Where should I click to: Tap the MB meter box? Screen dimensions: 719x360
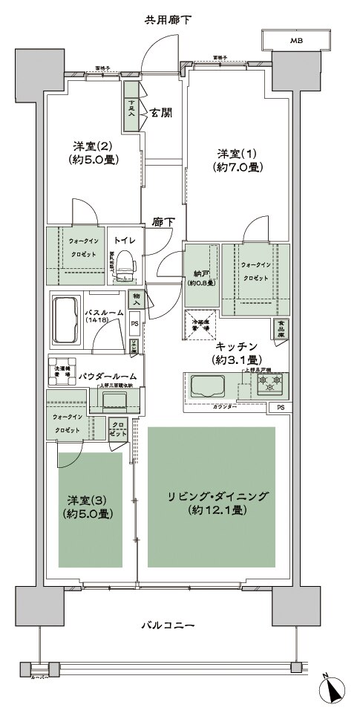(x=295, y=40)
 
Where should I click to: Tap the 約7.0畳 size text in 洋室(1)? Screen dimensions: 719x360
(x=237, y=168)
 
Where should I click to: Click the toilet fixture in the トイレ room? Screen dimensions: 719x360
(x=125, y=263)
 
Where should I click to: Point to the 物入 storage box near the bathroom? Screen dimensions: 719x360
(x=136, y=299)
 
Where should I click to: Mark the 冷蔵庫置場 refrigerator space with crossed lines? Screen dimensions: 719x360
(x=199, y=322)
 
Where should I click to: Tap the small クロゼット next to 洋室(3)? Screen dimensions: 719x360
(x=118, y=429)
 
